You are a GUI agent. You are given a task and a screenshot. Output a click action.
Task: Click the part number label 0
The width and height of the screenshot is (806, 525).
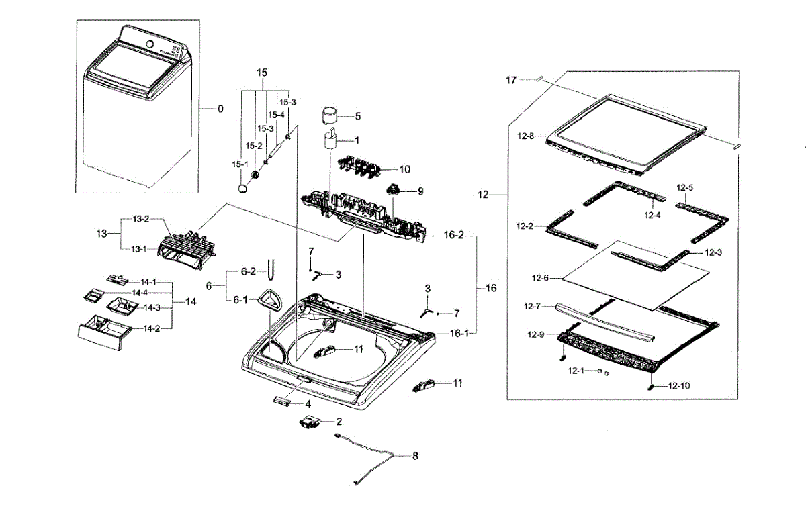[x=220, y=109]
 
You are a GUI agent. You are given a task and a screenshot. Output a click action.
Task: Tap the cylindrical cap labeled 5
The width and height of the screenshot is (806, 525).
[x=330, y=116]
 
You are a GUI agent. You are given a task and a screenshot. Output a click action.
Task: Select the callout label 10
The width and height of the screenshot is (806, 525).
[x=404, y=169]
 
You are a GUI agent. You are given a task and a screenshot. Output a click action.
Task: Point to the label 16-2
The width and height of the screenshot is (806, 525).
[x=455, y=236]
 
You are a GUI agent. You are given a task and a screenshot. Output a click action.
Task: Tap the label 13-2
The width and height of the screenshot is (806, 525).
[x=140, y=220]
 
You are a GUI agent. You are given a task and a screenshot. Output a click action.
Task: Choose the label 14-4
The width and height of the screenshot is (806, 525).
[x=140, y=293]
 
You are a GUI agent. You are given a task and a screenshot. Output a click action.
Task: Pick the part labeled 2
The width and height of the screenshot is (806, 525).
[x=310, y=423]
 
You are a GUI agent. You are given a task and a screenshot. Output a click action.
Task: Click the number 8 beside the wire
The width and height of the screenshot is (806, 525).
[x=415, y=456]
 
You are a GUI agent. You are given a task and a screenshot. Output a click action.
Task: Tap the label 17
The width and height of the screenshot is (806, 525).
[x=512, y=81]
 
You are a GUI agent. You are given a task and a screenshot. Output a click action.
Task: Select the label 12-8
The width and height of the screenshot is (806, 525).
[x=525, y=136]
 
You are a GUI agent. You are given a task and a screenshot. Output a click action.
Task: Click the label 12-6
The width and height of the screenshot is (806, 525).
[x=541, y=277]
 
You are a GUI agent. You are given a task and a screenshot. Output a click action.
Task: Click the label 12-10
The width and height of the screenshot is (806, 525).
[x=679, y=386]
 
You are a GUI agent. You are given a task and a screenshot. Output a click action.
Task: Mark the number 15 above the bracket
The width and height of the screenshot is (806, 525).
[x=262, y=72]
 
